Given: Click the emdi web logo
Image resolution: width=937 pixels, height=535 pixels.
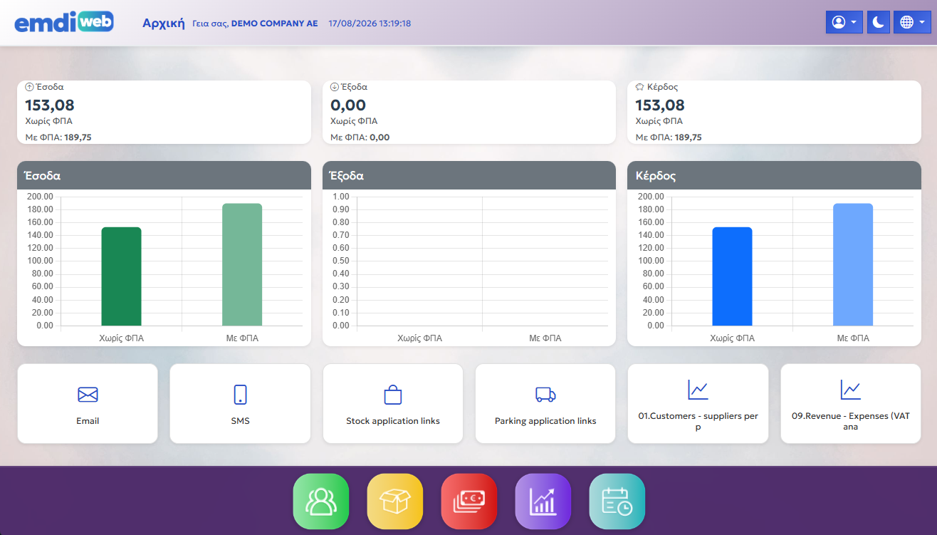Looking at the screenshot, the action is (x=64, y=22).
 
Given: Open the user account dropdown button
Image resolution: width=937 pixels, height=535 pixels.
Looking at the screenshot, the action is (x=844, y=22).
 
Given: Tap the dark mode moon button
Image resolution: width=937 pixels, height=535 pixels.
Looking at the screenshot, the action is (x=878, y=22).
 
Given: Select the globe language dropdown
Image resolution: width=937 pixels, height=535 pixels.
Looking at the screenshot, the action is (x=912, y=22).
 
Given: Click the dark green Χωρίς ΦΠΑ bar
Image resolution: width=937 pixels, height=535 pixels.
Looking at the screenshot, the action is (x=121, y=276).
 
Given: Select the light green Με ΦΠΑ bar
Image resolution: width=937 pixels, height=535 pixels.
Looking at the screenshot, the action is (x=242, y=264).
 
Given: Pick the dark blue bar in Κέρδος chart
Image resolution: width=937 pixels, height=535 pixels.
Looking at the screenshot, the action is (x=732, y=276).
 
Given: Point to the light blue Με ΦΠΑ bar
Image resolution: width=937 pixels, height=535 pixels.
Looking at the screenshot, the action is (x=853, y=264).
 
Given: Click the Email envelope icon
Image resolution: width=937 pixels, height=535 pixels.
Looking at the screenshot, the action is (x=88, y=395).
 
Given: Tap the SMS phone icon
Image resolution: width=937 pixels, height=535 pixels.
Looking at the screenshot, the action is (x=240, y=395).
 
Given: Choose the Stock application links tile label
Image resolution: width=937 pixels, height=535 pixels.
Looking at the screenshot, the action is (x=393, y=421).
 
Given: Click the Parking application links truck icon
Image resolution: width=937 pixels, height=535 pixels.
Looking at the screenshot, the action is (x=545, y=395).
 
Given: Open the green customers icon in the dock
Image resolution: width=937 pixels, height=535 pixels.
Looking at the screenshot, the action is (x=321, y=501).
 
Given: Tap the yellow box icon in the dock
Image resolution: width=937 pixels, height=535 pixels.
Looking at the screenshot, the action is (x=395, y=501).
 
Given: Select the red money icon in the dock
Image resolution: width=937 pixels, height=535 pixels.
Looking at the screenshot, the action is (x=469, y=501).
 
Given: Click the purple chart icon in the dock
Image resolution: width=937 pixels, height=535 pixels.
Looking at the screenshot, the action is (x=543, y=501).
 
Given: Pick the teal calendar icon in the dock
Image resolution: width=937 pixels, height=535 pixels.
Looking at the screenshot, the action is (x=617, y=501).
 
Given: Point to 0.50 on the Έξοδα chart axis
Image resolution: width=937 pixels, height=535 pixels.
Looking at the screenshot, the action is (x=340, y=261).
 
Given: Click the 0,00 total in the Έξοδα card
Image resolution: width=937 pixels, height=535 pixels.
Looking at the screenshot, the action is (x=348, y=105).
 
